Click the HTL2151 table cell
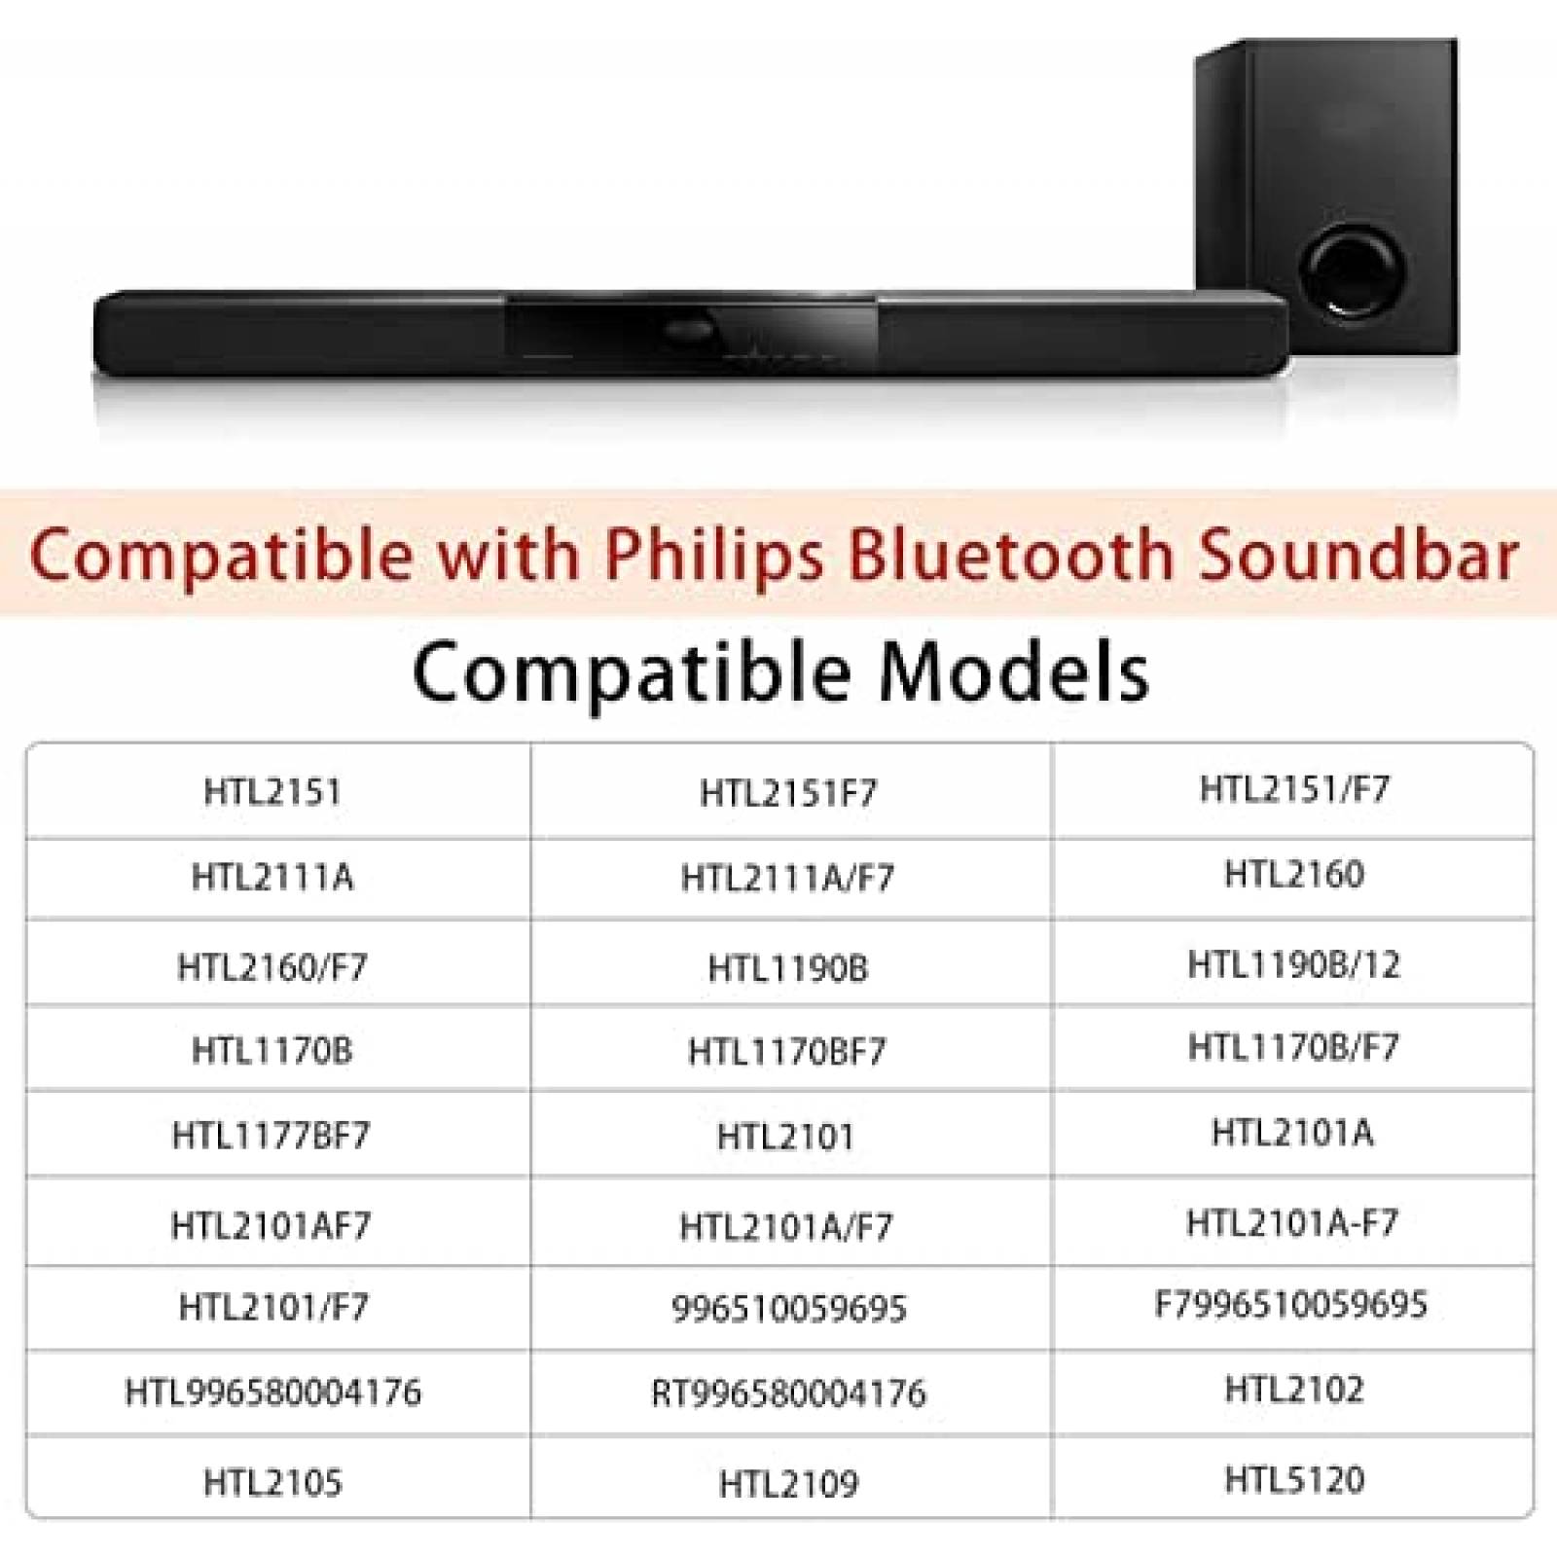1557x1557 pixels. click(272, 792)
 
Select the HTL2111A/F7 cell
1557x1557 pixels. click(787, 878)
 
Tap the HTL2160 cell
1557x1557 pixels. click(1294, 874)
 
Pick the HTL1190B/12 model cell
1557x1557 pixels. click(1294, 964)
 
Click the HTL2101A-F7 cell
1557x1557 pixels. click(1292, 1222)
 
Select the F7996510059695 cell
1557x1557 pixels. click(1290, 1304)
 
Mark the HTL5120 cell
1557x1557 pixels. click(1294, 1480)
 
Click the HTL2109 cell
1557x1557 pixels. click(789, 1484)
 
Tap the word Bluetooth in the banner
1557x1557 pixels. click(1010, 555)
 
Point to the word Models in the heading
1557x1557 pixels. click(1014, 672)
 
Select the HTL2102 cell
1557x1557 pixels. click(1294, 1390)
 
